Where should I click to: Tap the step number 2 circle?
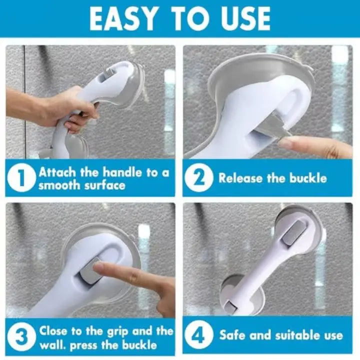(x=198, y=178)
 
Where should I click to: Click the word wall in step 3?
(x=52, y=345)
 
